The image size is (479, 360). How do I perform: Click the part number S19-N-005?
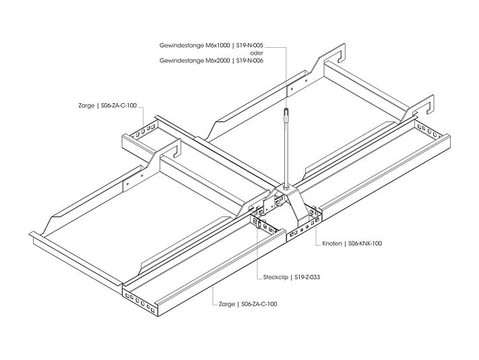[249, 46]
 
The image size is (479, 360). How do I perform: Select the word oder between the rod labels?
[257, 53]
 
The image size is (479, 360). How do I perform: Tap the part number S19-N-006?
[249, 61]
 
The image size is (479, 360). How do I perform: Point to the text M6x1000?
[218, 46]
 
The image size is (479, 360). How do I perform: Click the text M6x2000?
[218, 61]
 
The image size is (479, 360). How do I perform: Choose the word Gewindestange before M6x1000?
[182, 46]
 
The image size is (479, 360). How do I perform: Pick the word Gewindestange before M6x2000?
[182, 61]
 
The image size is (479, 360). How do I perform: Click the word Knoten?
[332, 243]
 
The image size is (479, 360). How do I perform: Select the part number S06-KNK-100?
[365, 243]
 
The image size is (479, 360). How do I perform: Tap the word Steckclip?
[276, 278]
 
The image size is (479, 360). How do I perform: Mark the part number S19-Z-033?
[307, 278]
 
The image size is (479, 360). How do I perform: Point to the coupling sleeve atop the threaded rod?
[286, 115]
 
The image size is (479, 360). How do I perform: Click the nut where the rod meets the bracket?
[286, 187]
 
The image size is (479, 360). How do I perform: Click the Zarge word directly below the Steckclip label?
[227, 304]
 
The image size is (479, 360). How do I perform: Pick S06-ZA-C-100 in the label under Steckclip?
[259, 304]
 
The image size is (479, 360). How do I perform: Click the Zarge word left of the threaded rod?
[86, 106]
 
